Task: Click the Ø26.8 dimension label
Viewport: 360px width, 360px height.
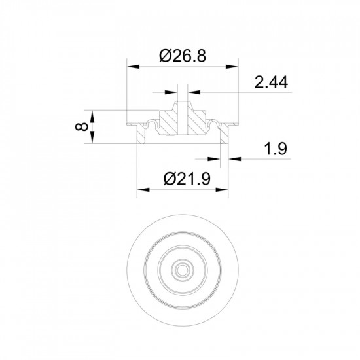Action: (183, 56)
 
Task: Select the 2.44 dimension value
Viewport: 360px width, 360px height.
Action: (271, 82)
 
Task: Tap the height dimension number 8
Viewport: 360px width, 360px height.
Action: (82, 127)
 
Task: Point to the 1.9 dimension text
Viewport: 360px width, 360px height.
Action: (276, 149)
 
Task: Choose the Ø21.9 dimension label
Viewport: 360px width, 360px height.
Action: (187, 179)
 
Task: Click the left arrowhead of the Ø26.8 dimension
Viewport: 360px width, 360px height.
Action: (134, 67)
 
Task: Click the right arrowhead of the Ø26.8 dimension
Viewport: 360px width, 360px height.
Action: (232, 67)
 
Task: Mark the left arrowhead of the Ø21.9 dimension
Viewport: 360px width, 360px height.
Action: (143, 190)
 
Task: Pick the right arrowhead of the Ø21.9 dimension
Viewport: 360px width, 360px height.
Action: (222, 190)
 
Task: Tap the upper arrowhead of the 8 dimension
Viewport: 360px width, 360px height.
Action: (92, 117)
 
